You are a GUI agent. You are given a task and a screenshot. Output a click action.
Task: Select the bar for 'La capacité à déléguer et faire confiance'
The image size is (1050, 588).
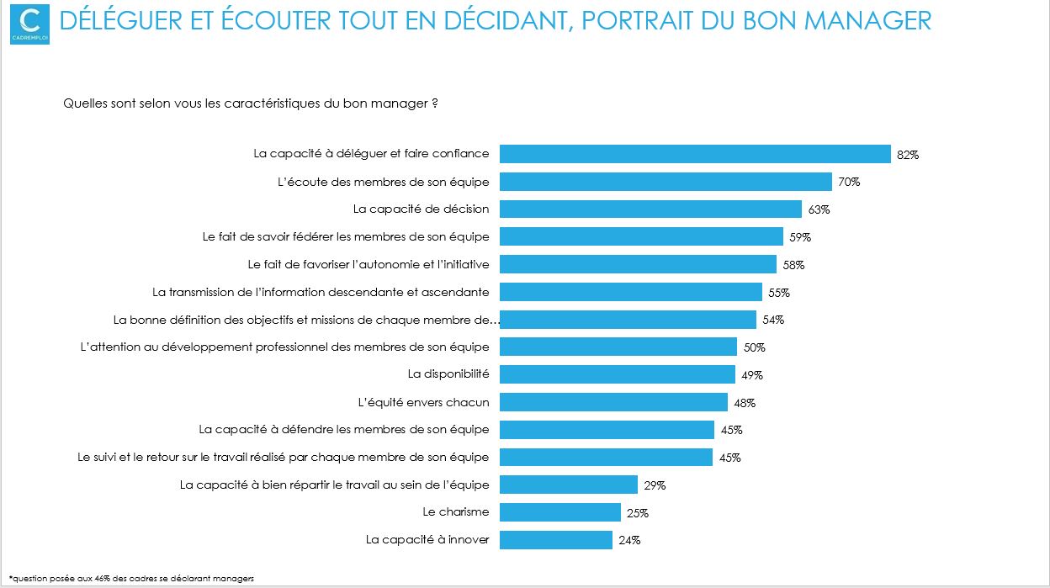(x=695, y=154)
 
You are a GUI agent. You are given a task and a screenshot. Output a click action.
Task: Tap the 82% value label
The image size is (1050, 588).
(x=908, y=155)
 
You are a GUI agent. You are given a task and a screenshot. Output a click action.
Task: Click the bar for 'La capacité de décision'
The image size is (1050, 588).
(x=650, y=209)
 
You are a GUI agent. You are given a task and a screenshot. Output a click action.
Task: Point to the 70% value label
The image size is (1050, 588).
(x=849, y=182)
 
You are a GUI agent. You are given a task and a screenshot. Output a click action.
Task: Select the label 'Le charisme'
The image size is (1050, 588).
(x=455, y=511)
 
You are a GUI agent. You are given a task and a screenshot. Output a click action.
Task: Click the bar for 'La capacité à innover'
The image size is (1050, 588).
(x=556, y=539)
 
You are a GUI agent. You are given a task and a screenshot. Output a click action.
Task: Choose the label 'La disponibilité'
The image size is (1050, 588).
(x=448, y=373)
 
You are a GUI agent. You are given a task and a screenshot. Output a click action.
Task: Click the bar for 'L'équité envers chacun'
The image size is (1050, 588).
(x=613, y=401)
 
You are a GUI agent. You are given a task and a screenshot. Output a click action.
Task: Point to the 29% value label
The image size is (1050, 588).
(x=655, y=485)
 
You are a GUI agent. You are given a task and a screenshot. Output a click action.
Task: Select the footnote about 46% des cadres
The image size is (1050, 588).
(x=131, y=578)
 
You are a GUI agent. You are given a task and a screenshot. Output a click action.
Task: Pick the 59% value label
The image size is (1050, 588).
(x=800, y=237)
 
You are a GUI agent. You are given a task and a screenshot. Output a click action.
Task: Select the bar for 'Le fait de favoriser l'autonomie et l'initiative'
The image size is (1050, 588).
(x=638, y=264)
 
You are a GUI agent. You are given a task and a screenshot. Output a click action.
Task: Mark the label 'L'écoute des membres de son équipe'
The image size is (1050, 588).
(x=383, y=181)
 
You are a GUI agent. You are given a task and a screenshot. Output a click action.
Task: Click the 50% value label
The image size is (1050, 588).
(x=754, y=347)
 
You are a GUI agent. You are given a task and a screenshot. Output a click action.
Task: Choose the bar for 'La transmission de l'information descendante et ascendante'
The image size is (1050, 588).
(x=631, y=291)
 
